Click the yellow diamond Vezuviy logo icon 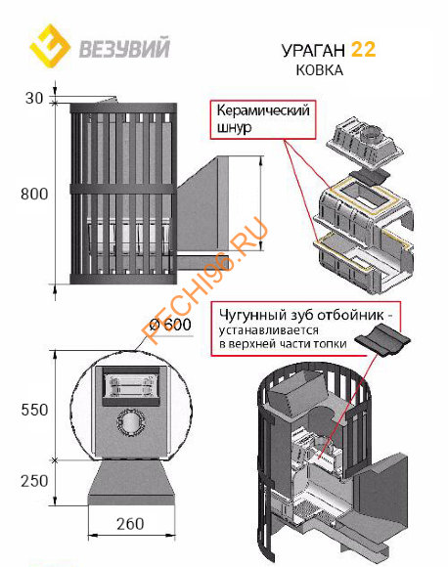(50, 46)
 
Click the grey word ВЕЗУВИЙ (124, 49)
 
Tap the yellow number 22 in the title (363, 49)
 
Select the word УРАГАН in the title (313, 50)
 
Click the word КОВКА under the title (319, 70)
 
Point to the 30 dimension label (34, 98)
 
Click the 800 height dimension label (34, 195)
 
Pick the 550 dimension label (34, 410)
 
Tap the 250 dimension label (34, 481)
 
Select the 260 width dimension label (130, 524)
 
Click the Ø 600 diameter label (170, 325)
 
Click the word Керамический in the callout (263, 110)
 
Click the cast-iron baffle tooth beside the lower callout (382, 339)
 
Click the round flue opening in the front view (131, 422)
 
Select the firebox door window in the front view (131, 385)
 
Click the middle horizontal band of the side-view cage (123, 190)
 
